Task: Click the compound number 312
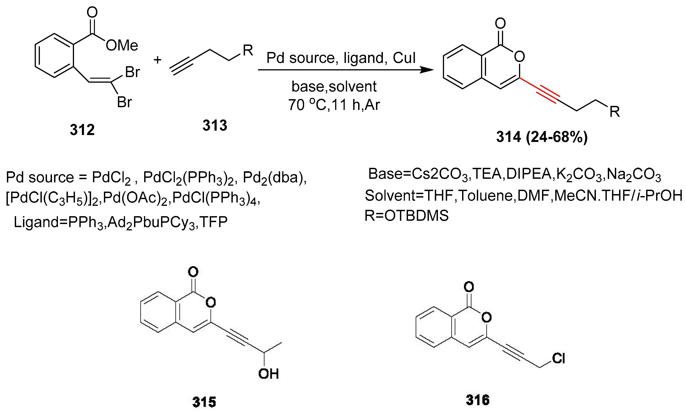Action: [82, 130]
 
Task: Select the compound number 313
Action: [215, 125]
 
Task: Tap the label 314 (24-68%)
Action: [542, 137]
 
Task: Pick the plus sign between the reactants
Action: [157, 60]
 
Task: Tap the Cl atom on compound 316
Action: [558, 358]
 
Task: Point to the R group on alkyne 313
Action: [248, 50]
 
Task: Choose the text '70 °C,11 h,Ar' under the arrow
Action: [334, 105]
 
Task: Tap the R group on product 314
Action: [614, 112]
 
